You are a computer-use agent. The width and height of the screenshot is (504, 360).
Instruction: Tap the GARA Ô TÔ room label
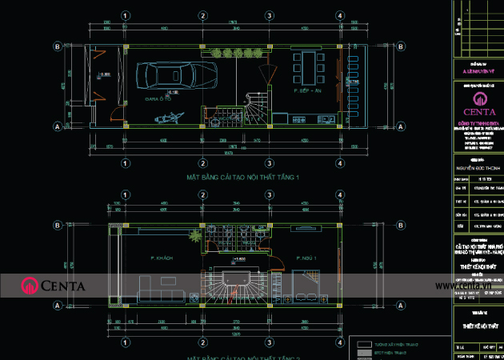tap(157, 99)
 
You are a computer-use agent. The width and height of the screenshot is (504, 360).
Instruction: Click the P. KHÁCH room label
tap(162, 258)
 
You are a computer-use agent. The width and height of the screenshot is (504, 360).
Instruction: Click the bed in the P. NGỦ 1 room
tap(306, 286)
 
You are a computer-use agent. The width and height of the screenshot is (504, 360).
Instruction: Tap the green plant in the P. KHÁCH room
tap(194, 237)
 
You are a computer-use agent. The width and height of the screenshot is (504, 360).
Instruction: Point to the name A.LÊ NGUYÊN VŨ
tap(478, 70)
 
